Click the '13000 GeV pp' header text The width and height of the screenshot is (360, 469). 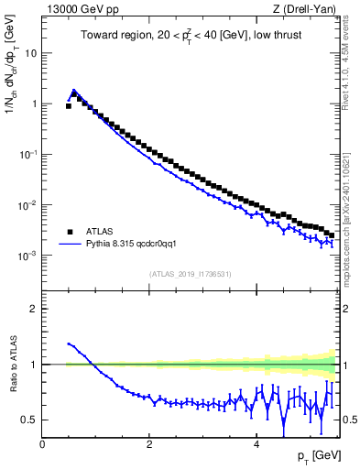(x=77, y=10)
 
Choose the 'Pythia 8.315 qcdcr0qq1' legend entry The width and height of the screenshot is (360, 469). (x=136, y=245)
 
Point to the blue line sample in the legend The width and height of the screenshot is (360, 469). (x=71, y=245)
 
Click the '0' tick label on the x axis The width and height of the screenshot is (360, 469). (x=42, y=443)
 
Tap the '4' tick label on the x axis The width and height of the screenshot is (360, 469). (x=256, y=443)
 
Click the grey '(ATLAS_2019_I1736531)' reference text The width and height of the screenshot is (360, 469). (x=189, y=274)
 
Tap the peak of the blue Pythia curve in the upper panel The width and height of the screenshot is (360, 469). (x=74, y=90)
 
